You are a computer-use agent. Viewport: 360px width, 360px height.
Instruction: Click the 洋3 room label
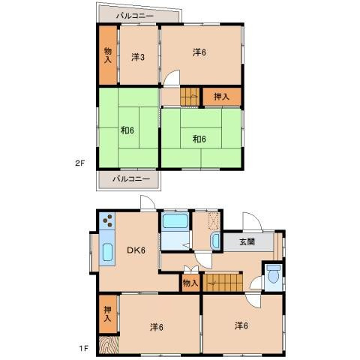pos(138,58)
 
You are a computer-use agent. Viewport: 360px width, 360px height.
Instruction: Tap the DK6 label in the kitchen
pos(136,250)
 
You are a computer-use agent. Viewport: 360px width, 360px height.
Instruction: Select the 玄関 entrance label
pos(247,241)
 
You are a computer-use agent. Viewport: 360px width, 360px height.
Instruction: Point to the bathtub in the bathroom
pos(175,220)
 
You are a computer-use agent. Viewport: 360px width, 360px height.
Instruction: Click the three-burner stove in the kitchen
pos(107,220)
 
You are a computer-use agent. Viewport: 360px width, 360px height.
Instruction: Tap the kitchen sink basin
pos(107,252)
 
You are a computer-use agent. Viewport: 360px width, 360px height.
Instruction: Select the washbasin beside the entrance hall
pos(215,241)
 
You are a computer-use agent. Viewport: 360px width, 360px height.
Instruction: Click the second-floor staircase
pos(190,96)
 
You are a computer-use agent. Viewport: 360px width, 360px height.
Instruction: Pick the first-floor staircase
pos(223,283)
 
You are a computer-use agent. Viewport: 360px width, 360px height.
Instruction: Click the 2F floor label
pos(80,163)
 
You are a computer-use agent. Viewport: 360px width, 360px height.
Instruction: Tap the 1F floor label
pos(84,348)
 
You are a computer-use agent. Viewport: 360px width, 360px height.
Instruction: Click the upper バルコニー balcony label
pos(135,16)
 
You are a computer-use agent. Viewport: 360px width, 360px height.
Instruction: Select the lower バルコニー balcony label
pos(131,179)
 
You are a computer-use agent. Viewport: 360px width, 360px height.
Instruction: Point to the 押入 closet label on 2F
pos(221,97)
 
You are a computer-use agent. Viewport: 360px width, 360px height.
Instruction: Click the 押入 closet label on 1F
pos(107,314)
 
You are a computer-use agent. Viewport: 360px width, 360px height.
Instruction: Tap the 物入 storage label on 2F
pos(108,55)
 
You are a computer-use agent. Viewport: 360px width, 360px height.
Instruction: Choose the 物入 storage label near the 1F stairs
pos(190,283)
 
